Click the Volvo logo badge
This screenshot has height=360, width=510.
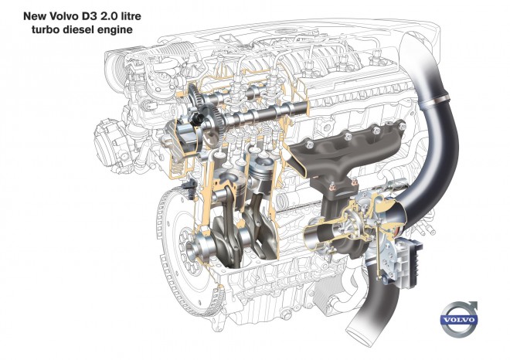coord(458,319)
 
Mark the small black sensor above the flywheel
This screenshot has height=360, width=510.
coord(185,186)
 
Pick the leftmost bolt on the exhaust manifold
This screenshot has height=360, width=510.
coord(308,144)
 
